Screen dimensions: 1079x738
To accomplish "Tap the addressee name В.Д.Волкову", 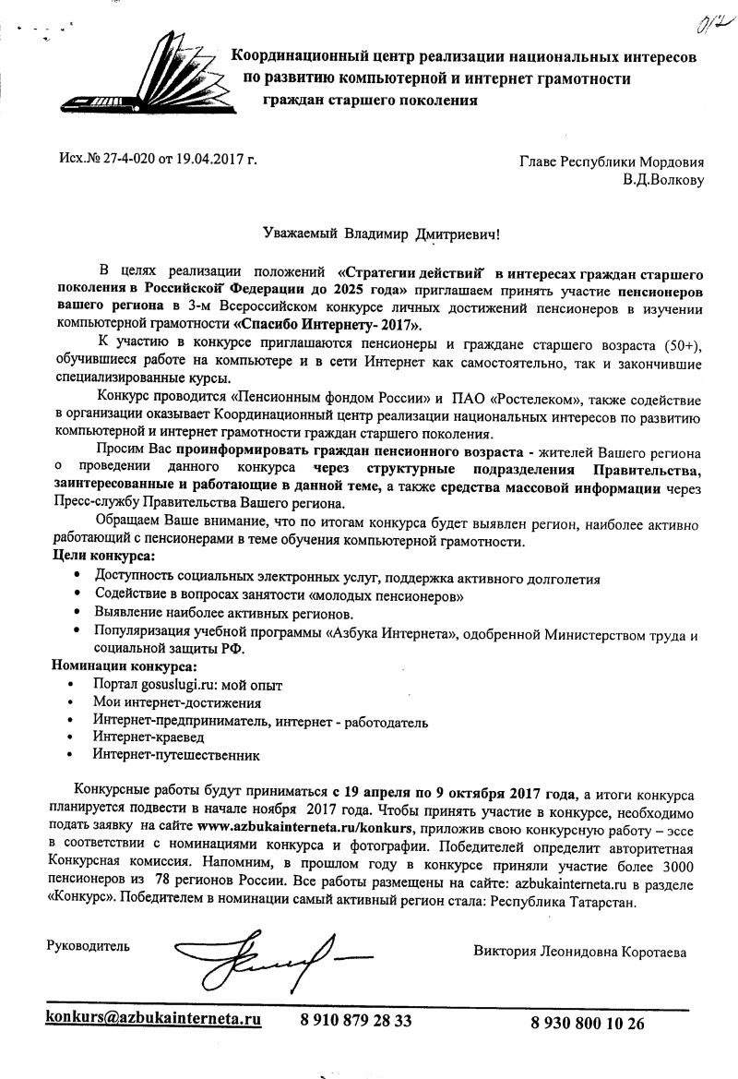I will coord(663,179).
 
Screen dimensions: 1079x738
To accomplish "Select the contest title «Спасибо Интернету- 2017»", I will coord(328,325).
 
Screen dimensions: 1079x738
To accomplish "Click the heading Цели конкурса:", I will coord(101,557).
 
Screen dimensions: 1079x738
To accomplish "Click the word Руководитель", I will coord(89,945).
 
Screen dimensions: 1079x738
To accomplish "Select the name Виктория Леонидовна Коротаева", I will coord(580,951).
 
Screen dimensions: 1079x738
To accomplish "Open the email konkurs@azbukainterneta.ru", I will coord(154,1019).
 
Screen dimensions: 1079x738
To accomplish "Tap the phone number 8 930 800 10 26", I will coord(588,1022).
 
